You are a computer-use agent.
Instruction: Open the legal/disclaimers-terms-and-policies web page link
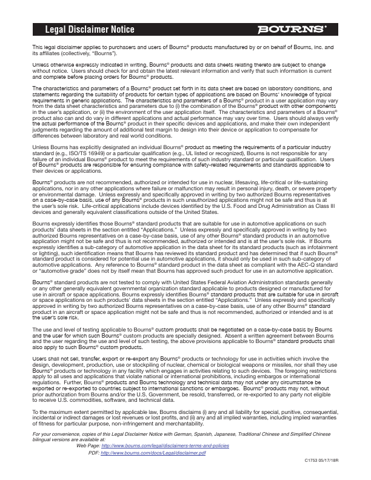(x=164, y=446)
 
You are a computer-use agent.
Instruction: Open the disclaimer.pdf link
(x=153, y=453)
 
